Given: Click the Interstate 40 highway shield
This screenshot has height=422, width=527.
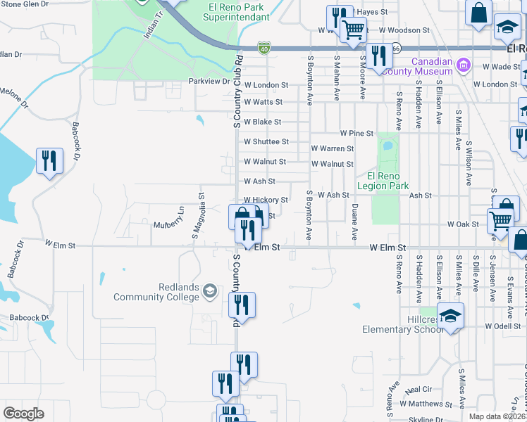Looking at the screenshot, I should click(x=263, y=47).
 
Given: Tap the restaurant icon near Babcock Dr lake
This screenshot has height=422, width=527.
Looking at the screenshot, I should click(x=49, y=161).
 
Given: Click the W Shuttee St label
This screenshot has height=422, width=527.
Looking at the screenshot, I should click(x=266, y=141).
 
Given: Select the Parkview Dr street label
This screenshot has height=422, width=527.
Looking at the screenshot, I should click(x=210, y=82).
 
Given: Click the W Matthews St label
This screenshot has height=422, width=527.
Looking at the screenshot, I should click(x=427, y=404).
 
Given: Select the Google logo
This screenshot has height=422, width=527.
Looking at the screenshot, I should click(x=23, y=414).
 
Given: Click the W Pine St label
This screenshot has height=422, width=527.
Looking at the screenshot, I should click(x=356, y=133).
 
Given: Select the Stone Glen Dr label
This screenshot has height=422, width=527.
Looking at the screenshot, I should click(x=25, y=4).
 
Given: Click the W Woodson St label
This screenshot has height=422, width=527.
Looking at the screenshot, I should click(x=404, y=30).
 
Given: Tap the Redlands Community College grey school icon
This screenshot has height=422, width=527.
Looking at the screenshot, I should click(x=209, y=291).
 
